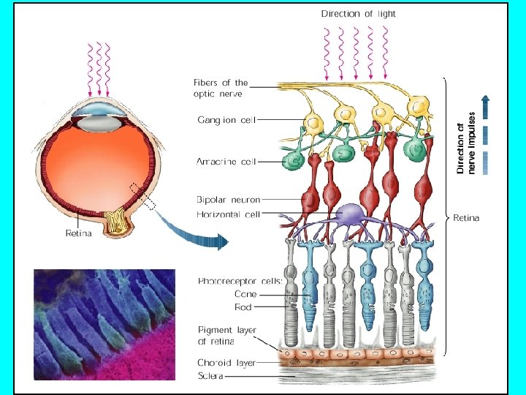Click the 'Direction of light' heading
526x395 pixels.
(359, 13)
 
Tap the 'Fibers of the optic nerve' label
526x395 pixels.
(221, 88)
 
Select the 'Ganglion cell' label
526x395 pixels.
(226, 119)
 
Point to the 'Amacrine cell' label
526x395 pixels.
(226, 161)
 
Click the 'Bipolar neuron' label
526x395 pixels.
(228, 199)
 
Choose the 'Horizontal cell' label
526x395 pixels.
(228, 214)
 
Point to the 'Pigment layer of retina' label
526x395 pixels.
(226, 336)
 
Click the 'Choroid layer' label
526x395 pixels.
(226, 362)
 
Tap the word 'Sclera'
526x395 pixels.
(210, 376)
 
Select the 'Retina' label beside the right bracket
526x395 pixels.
(467, 218)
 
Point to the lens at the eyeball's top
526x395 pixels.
(98, 110)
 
